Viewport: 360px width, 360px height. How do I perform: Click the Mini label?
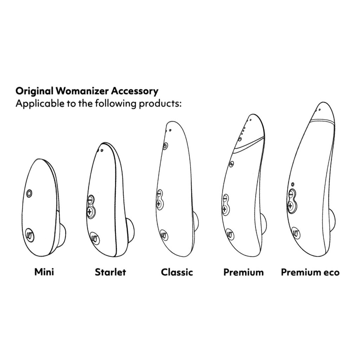click(44, 272)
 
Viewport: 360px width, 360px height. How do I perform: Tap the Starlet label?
click(110, 272)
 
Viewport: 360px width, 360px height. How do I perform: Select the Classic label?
click(177, 272)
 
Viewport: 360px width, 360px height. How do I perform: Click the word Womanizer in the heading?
click(82, 91)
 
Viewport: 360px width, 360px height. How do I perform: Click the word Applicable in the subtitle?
click(37, 104)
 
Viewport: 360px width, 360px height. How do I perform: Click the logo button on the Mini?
click(30, 234)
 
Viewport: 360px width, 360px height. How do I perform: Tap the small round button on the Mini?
click(29, 192)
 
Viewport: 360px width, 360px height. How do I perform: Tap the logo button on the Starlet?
click(95, 238)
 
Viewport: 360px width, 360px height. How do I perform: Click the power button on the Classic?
click(165, 146)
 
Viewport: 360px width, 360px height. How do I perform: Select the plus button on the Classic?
click(159, 204)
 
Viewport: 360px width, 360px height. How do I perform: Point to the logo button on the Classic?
click(163, 234)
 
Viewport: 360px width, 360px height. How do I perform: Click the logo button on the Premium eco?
click(296, 232)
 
